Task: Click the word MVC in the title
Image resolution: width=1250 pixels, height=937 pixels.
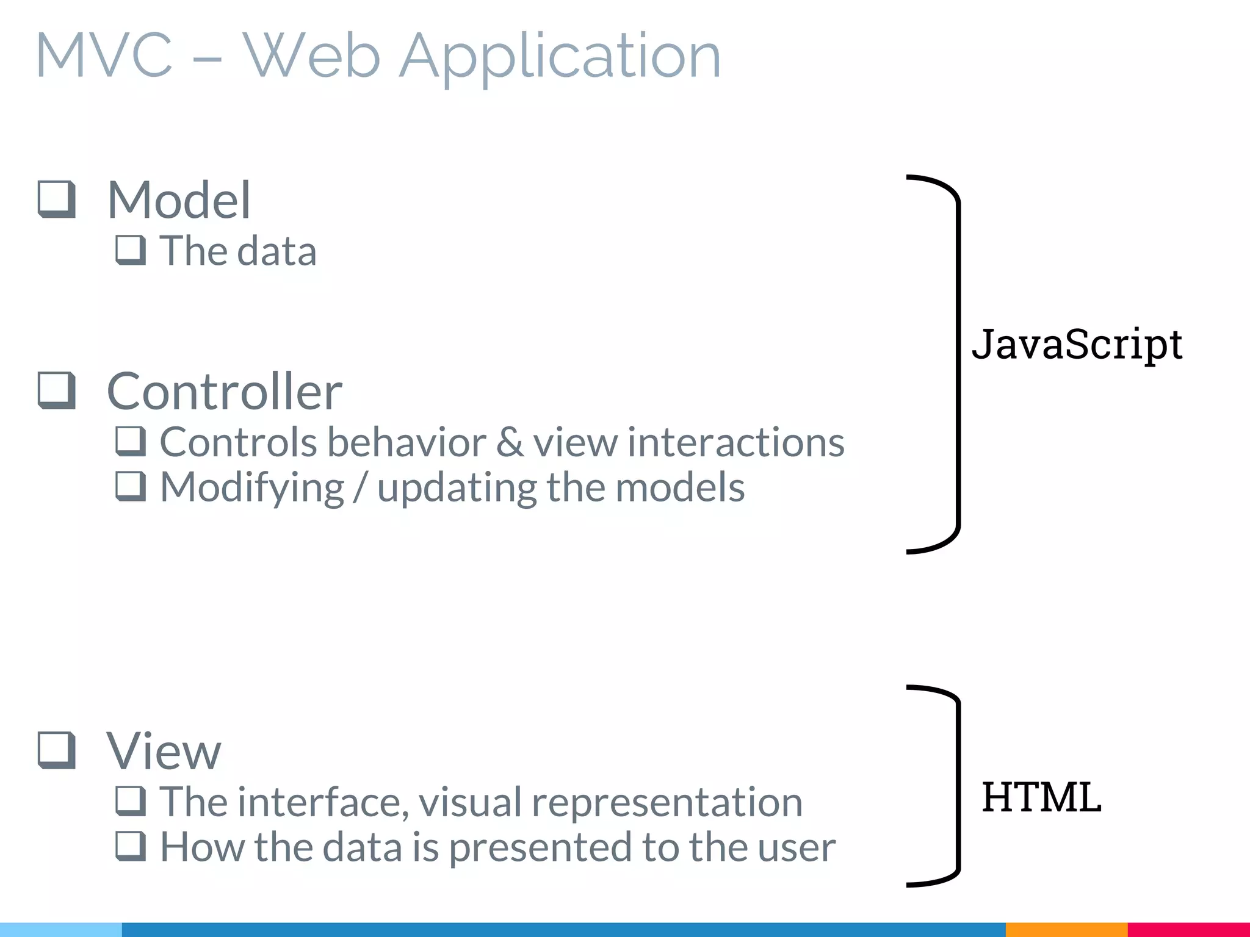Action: [x=104, y=56]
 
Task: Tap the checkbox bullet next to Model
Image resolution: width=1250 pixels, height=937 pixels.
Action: [x=57, y=199]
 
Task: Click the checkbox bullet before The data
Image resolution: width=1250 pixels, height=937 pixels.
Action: [x=131, y=250]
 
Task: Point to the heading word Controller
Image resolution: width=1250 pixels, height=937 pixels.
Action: [x=224, y=391]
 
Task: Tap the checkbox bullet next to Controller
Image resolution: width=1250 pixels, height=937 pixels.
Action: [x=57, y=390]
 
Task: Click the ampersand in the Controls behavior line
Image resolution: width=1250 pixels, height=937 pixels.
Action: [x=510, y=442]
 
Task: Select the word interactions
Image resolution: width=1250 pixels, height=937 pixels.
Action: [x=735, y=442]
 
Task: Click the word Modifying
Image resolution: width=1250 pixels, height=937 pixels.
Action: [x=251, y=488]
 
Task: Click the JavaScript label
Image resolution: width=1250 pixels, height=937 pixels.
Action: [x=1077, y=345]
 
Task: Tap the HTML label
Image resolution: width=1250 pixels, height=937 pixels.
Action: [x=1041, y=797]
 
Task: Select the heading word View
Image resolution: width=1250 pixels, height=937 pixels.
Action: [x=164, y=751]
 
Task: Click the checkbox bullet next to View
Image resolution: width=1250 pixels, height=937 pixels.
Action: [x=57, y=750]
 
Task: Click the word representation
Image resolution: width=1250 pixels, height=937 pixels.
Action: [x=667, y=803]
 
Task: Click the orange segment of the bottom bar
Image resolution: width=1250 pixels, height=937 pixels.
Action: [x=1066, y=930]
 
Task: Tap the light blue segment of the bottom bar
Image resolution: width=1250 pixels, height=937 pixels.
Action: [x=61, y=930]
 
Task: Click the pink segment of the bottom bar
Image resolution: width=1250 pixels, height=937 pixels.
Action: [x=1188, y=930]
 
